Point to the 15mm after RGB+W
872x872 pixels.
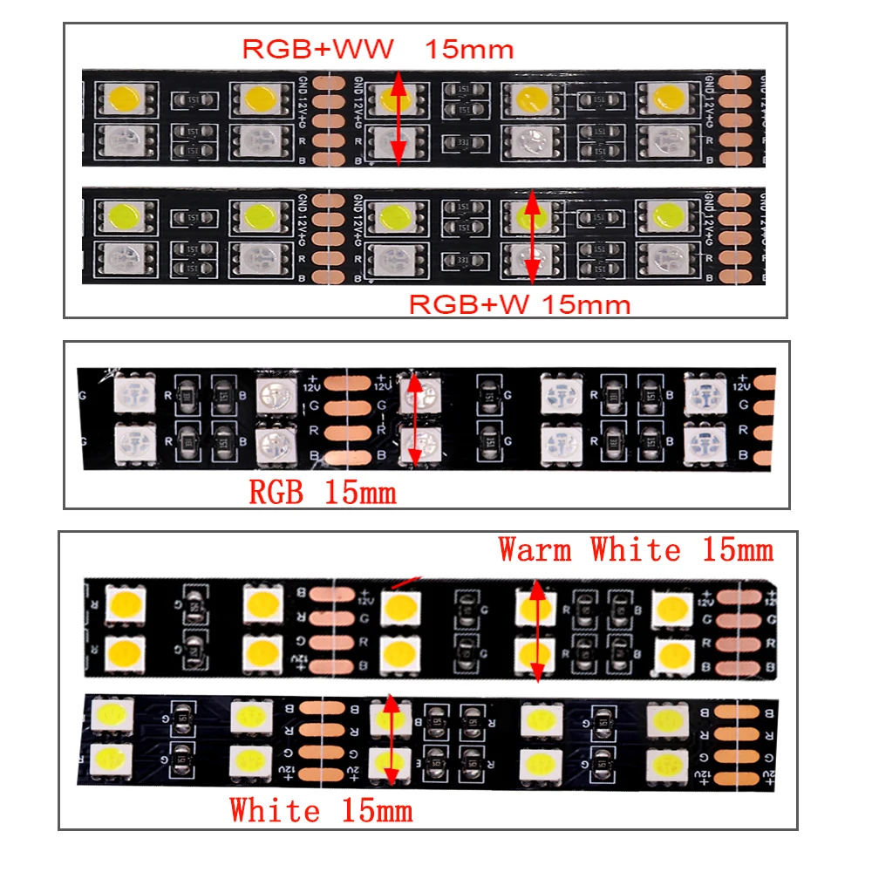(x=584, y=304)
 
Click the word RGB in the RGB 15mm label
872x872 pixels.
(x=276, y=493)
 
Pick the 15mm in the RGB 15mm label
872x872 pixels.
(x=360, y=493)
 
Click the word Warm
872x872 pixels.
(x=535, y=550)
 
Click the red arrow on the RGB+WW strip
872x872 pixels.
(x=398, y=119)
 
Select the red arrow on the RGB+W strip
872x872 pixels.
(x=532, y=235)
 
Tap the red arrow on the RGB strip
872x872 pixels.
(x=415, y=419)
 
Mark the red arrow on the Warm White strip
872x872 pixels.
(x=537, y=630)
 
